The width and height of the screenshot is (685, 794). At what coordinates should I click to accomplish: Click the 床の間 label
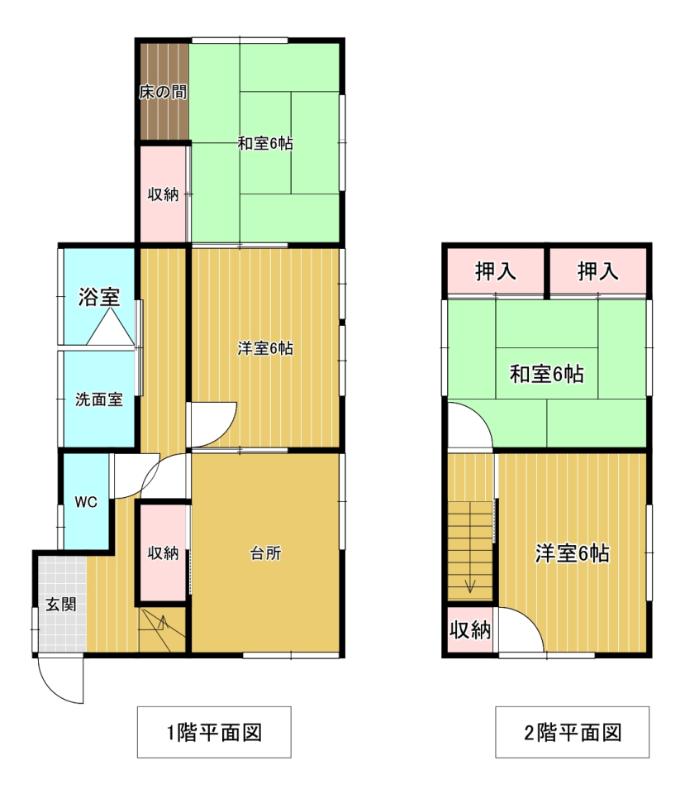click(163, 92)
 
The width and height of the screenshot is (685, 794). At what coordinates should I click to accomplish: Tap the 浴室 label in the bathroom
click(99, 297)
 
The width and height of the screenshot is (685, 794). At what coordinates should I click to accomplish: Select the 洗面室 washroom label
click(99, 399)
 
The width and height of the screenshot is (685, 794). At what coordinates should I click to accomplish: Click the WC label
click(86, 502)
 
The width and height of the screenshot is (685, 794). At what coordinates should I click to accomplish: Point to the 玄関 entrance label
click(61, 604)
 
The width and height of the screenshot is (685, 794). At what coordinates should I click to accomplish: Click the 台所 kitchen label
click(265, 553)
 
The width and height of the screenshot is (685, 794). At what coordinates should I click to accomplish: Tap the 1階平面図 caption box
click(214, 732)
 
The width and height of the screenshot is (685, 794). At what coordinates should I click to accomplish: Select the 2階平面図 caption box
click(572, 732)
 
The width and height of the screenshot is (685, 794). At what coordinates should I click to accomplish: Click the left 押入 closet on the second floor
click(496, 271)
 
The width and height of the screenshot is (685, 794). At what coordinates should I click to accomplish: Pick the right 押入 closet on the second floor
click(598, 271)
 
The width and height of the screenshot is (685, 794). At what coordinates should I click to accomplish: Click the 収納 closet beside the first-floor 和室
click(163, 194)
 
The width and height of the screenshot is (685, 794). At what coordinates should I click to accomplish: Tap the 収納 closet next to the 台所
click(163, 552)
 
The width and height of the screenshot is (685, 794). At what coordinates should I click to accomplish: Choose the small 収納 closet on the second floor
click(470, 630)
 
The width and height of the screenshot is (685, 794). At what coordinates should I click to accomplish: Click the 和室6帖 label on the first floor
click(265, 143)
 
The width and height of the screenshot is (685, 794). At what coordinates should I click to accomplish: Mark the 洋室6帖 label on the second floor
click(572, 553)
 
